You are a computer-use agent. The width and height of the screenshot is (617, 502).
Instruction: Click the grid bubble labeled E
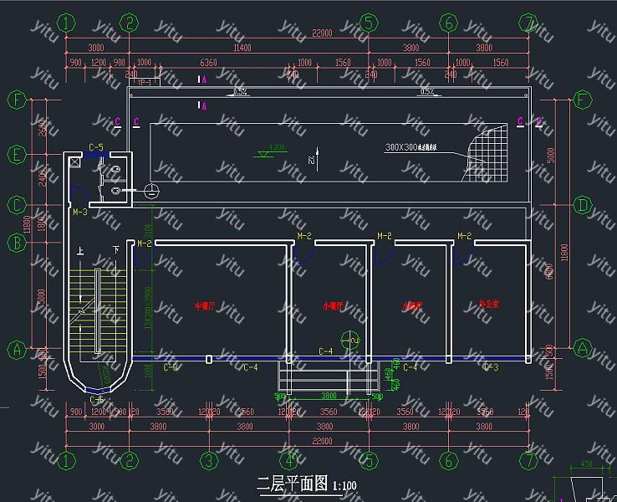pyautogui.click(x=16, y=154)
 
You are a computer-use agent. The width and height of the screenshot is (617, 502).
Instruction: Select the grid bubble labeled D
pyautogui.click(x=583, y=205)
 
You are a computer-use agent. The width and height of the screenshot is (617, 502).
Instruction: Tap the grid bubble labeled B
pyautogui.click(x=16, y=243)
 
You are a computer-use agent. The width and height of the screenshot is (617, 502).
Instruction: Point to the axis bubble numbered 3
pyautogui.click(x=209, y=461)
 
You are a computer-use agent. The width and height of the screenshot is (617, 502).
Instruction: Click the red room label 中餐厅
pyautogui.click(x=205, y=305)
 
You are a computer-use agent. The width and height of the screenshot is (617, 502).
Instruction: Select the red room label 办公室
pyautogui.click(x=488, y=304)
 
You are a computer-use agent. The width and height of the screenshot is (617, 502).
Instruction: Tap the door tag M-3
pyautogui.click(x=79, y=213)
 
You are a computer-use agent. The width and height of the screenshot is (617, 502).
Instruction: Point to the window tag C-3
pyautogui.click(x=491, y=366)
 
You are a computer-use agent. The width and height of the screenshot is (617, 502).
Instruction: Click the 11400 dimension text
pyautogui.click(x=242, y=48)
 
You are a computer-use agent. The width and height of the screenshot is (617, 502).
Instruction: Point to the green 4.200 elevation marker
pyautogui.click(x=274, y=149)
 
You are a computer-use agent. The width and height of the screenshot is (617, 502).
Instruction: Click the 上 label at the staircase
pyautogui.click(x=80, y=251)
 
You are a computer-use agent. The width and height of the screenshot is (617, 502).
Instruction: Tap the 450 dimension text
pyautogui.click(x=587, y=464)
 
